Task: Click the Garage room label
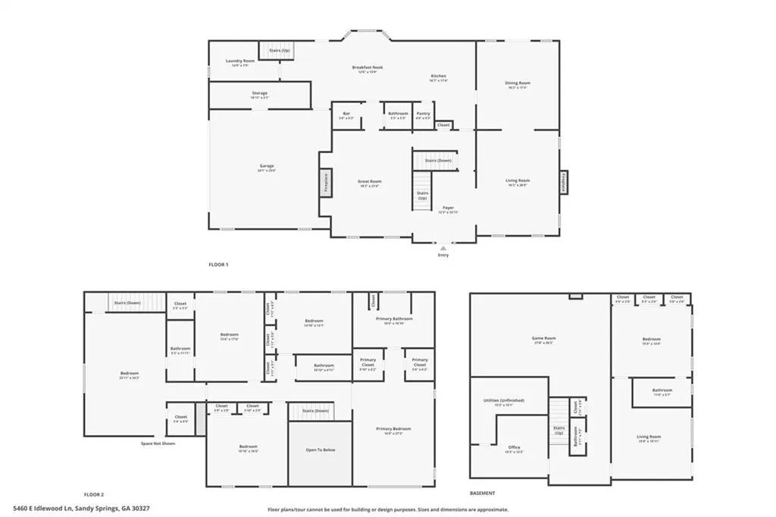[267, 166]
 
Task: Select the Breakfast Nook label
[368, 67]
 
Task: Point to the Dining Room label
[518, 83]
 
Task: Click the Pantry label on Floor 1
[423, 114]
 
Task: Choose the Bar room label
[346, 114]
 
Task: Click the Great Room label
[369, 181]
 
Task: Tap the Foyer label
[448, 208]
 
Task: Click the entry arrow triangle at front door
[443, 246]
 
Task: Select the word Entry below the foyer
[443, 255]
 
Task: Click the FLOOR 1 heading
[218, 265]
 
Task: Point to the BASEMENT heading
[482, 493]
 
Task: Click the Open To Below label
[319, 450]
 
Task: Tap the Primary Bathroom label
[394, 318]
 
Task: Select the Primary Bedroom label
[394, 429]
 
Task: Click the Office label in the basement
[515, 447]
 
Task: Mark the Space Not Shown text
[158, 443]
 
